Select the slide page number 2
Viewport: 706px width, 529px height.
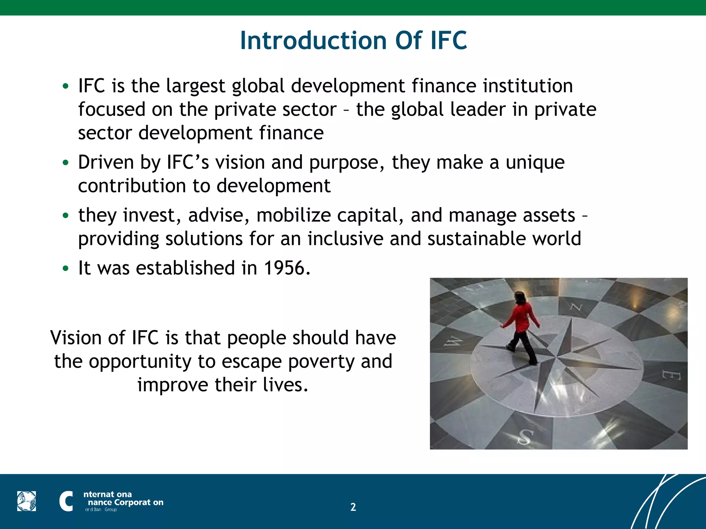click(x=353, y=507)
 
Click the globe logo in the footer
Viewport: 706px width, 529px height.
click(x=27, y=501)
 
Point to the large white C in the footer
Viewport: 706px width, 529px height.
click(x=66, y=501)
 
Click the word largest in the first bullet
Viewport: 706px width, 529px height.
click(x=195, y=86)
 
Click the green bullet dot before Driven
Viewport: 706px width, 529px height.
click(x=65, y=163)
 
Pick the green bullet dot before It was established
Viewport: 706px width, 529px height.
click(x=65, y=268)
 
